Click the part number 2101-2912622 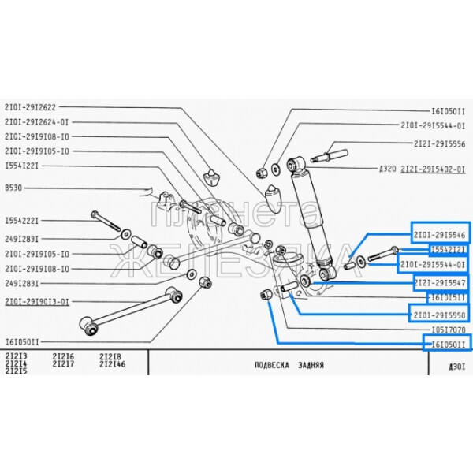(x=30, y=107)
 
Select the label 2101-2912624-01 (x=36, y=121)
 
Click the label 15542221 (x=22, y=220)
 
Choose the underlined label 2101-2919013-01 (x=36, y=301)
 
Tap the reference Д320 (x=389, y=169)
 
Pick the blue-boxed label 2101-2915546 (x=439, y=234)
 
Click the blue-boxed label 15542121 (x=447, y=249)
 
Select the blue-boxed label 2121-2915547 (x=439, y=282)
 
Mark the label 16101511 (x=447, y=297)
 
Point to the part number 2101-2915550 (x=439, y=314)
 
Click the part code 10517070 (x=448, y=330)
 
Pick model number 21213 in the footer (x=17, y=357)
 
